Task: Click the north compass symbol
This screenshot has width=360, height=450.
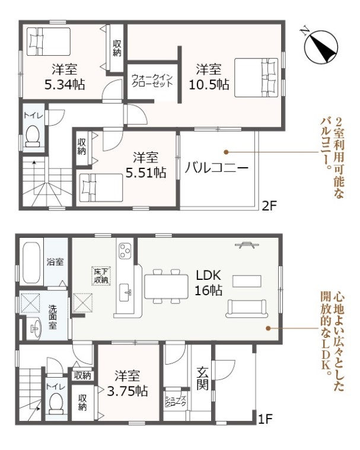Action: [321, 46]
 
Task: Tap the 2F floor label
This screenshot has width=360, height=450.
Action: [269, 206]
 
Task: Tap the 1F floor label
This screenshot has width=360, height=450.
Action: [265, 419]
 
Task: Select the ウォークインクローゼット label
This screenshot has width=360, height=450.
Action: [152, 81]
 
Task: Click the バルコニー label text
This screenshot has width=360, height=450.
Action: [216, 167]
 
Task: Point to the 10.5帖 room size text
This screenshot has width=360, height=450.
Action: [209, 85]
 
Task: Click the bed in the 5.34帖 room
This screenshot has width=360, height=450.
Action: [49, 42]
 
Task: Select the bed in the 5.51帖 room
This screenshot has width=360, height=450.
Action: [101, 188]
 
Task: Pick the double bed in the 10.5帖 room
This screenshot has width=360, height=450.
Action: [256, 78]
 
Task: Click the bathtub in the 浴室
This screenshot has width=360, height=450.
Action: [31, 263]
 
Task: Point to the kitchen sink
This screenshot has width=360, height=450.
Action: [125, 292]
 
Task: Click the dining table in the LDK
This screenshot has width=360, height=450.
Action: [166, 286]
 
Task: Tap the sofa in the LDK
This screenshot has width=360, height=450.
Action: [247, 308]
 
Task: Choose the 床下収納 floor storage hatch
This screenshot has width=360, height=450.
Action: [101, 276]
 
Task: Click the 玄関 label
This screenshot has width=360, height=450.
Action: [202, 378]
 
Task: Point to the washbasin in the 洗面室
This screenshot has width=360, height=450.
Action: [34, 328]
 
